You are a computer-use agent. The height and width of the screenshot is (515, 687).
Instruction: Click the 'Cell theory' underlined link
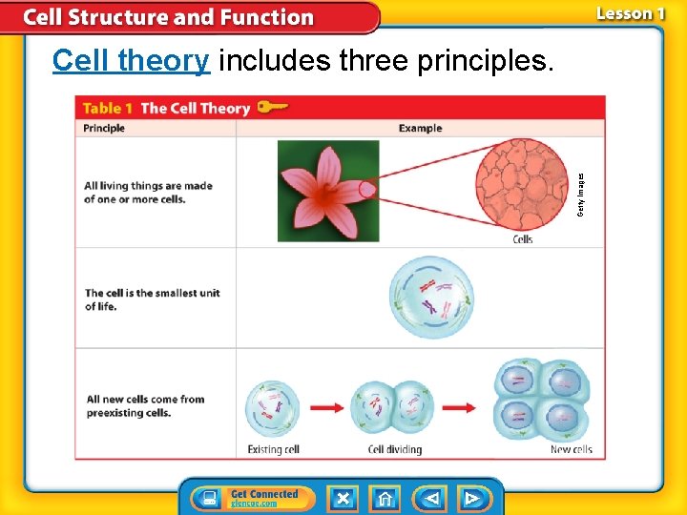[x=131, y=60]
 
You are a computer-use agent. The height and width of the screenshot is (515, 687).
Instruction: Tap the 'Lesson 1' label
[x=630, y=13]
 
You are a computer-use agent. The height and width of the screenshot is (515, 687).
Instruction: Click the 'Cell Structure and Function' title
[x=168, y=17]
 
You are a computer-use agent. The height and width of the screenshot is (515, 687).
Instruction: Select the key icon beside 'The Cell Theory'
[x=273, y=107]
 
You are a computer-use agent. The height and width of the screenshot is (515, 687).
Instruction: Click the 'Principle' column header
[x=104, y=128]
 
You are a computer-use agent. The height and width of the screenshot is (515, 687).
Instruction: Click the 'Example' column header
[x=420, y=128]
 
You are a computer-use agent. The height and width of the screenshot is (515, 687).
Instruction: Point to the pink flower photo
[x=327, y=191]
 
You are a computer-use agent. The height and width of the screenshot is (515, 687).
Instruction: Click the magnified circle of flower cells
[x=522, y=185]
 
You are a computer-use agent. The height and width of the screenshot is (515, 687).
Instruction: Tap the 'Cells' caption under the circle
[x=523, y=239]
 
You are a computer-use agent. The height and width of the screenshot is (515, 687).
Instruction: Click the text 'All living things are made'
[x=148, y=186]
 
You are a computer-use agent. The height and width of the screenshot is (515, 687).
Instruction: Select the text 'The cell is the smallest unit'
[x=153, y=293]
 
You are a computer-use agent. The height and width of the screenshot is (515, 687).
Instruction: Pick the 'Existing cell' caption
[x=273, y=449]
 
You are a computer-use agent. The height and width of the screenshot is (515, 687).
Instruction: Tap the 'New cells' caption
[x=571, y=449]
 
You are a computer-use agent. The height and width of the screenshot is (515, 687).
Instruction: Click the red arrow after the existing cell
[x=326, y=408]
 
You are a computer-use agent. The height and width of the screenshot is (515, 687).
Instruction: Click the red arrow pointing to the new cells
[x=458, y=408]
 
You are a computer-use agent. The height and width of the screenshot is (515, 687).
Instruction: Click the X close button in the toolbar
[x=343, y=498]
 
